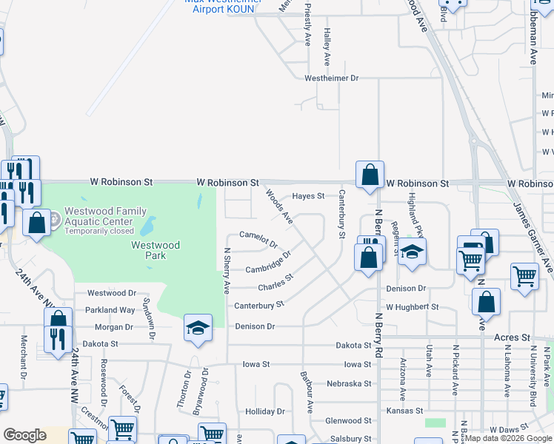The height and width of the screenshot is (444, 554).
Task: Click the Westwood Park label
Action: click(x=156, y=250)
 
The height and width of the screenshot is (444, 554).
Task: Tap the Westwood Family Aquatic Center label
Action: click(x=105, y=215)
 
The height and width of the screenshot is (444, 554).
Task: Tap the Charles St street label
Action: click(x=276, y=283)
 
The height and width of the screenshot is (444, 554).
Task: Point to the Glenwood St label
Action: click(x=348, y=420)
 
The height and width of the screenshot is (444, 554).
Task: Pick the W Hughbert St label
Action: click(x=412, y=306)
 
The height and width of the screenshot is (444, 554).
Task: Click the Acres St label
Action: click(x=512, y=337)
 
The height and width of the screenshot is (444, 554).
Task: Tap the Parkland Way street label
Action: click(x=110, y=310)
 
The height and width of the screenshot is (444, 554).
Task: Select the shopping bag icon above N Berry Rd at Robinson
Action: click(x=370, y=175)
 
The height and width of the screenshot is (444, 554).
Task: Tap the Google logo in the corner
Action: click(x=24, y=435)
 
